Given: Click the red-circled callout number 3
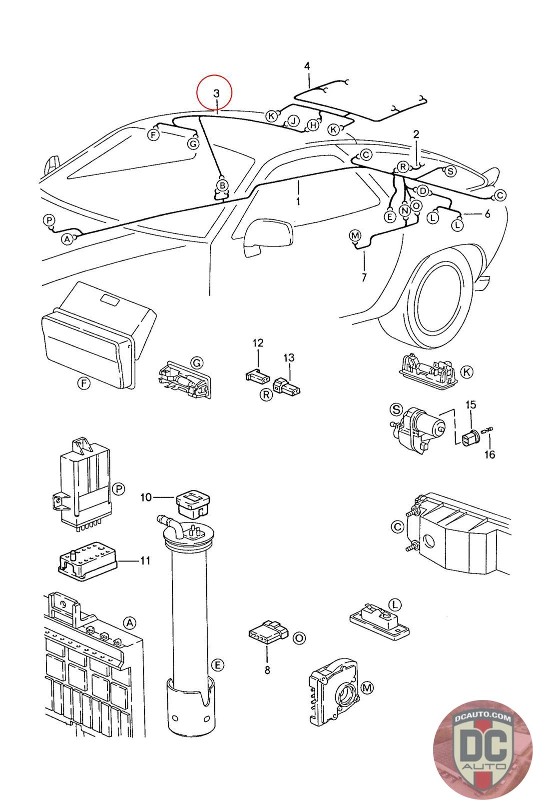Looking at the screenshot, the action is pyautogui.click(x=216, y=93).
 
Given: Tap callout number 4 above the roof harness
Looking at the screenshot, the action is pyautogui.click(x=307, y=66).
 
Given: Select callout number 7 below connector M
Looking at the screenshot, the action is pyautogui.click(x=364, y=277).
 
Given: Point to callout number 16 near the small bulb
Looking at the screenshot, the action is pyautogui.click(x=490, y=454).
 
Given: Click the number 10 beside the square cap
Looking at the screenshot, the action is pyautogui.click(x=146, y=497).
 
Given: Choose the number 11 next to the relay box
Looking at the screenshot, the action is pyautogui.click(x=145, y=560).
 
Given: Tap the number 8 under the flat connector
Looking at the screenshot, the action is pyautogui.click(x=267, y=669).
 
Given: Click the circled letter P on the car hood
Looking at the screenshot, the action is pyautogui.click(x=49, y=220).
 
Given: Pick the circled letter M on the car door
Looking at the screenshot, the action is pyautogui.click(x=355, y=235).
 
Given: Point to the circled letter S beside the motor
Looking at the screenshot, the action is pyautogui.click(x=396, y=409).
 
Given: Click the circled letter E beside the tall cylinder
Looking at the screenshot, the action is pyautogui.click(x=217, y=665).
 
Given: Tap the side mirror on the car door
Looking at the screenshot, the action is pyautogui.click(x=268, y=237).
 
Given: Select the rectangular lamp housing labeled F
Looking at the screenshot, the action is pyautogui.click(x=98, y=335).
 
